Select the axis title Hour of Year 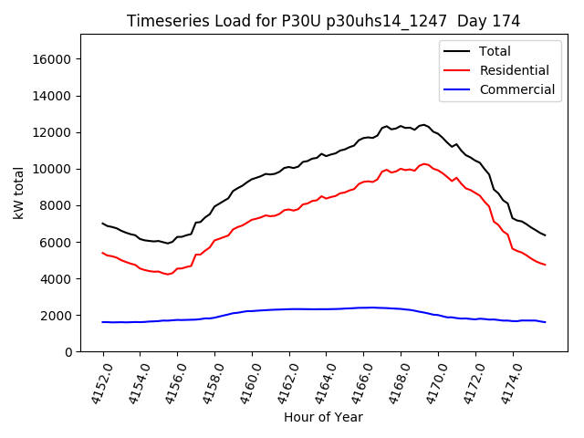323,417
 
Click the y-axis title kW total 18,193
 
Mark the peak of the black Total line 423,125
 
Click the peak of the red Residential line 424,164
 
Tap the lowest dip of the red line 167,274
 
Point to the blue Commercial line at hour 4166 363,308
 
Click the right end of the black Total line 545,235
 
